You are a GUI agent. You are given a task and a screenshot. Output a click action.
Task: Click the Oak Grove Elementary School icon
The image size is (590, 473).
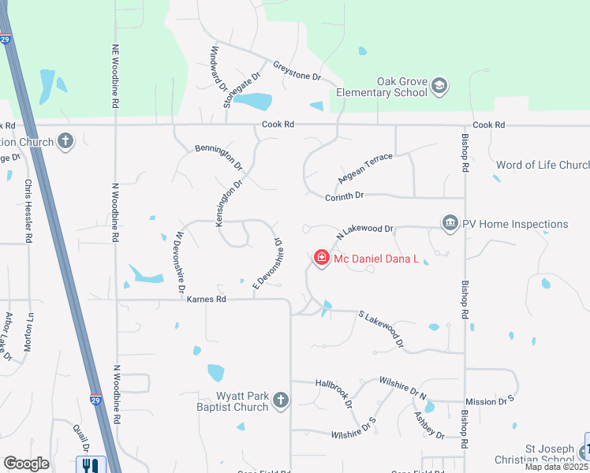point(439,86)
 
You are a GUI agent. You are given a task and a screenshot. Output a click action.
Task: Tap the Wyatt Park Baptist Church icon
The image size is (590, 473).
point(279,402)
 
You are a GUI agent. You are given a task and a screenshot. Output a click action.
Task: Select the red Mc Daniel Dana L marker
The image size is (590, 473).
point(321,258)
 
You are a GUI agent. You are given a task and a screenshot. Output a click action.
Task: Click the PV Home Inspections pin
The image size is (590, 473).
point(450,224)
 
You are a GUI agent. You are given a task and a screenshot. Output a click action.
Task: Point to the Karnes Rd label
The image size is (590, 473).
point(207,300)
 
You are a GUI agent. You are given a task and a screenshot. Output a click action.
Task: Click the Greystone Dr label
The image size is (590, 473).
point(297,72)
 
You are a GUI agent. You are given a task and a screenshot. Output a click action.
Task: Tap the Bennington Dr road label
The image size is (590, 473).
point(218,155)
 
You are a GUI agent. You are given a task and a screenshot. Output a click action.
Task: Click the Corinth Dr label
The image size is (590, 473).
point(344,195)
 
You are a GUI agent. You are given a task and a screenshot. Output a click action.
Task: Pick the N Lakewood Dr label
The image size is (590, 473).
point(364,230)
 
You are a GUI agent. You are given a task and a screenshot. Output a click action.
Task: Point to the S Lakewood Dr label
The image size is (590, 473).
point(381,330)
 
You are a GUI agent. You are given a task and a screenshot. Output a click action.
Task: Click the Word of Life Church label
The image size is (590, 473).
point(543,165)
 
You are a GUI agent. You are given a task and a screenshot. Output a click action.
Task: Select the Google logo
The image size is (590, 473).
point(26,464)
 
